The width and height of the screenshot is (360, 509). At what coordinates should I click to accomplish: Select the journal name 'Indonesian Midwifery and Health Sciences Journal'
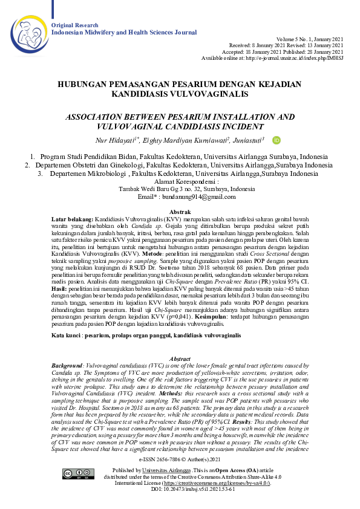click(x=124, y=31)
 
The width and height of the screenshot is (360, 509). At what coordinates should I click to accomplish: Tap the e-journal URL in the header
click(x=289, y=58)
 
